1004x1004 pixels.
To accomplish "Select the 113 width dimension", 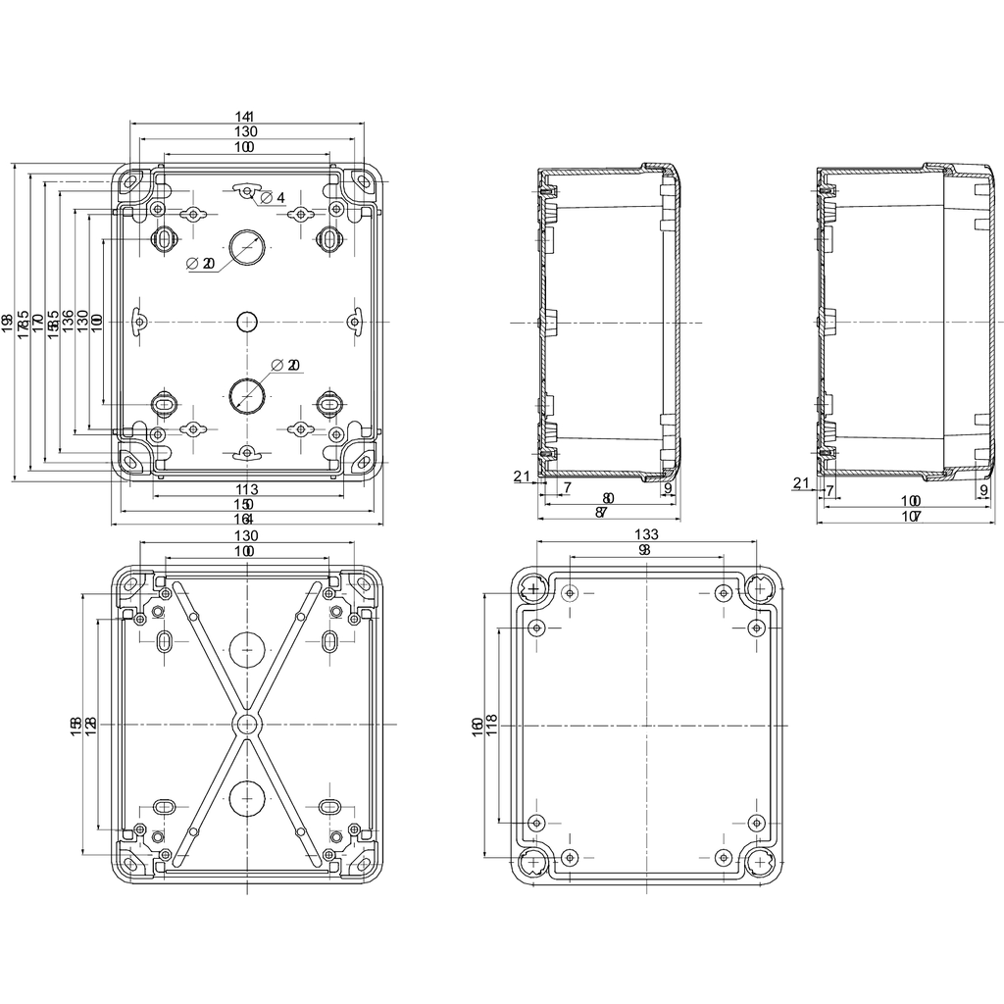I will tap(247, 489).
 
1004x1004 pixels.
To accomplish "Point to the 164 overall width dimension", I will tap(245, 518).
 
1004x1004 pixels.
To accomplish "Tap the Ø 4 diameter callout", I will tap(274, 198).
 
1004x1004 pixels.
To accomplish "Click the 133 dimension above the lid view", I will tap(644, 534).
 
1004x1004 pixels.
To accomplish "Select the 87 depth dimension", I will tap(602, 513).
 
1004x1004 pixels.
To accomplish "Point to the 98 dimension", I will tap(644, 551).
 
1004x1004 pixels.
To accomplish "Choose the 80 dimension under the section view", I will tap(608, 499).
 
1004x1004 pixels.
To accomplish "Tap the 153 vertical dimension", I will tap(76, 726).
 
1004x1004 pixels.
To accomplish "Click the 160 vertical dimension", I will tap(477, 726).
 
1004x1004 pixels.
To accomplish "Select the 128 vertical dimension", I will tap(91, 726).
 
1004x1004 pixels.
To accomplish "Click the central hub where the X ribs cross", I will tap(247, 724).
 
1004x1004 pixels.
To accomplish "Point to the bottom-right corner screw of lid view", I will tap(761, 862).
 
